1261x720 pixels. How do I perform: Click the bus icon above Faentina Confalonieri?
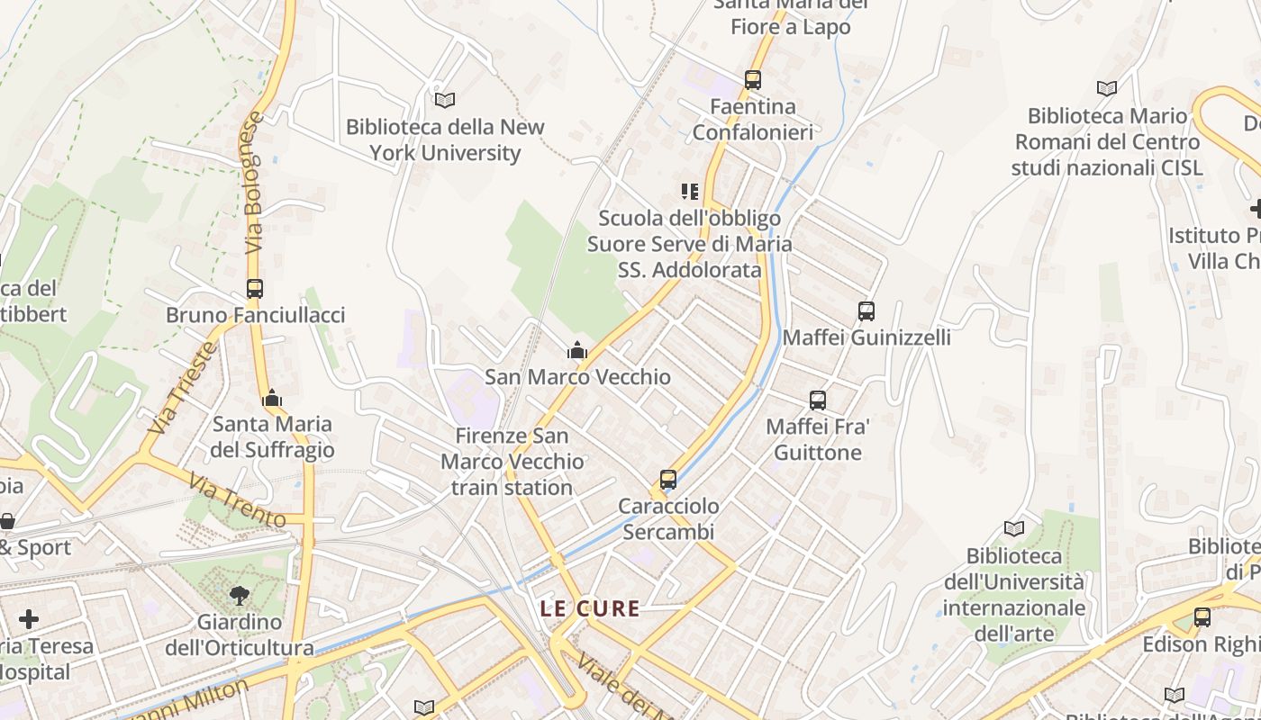pos(753,80)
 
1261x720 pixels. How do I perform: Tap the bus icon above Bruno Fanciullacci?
pos(255,289)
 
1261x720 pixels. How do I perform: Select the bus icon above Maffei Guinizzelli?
pos(866,311)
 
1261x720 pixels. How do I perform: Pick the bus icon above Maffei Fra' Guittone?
pos(818,400)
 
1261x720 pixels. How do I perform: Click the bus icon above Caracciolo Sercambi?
pos(667,480)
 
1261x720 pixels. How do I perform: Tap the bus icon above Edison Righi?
pos(1202,617)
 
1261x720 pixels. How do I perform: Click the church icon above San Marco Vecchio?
pos(577,350)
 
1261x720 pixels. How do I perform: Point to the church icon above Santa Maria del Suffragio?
pos(272,397)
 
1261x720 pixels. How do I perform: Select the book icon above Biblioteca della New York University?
pos(444,100)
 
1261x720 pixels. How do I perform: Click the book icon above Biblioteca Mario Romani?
pos(1107,88)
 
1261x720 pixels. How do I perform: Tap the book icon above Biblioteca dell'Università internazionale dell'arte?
pos(1014,529)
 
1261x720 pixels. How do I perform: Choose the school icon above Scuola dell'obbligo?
pos(690,192)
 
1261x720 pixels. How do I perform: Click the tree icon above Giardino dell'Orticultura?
pos(239,595)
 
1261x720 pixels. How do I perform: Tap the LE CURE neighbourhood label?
pos(590,609)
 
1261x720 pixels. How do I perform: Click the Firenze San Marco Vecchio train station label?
pos(512,462)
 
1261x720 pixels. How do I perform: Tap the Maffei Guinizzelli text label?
pos(866,337)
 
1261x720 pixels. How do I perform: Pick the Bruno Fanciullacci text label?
pos(255,315)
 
